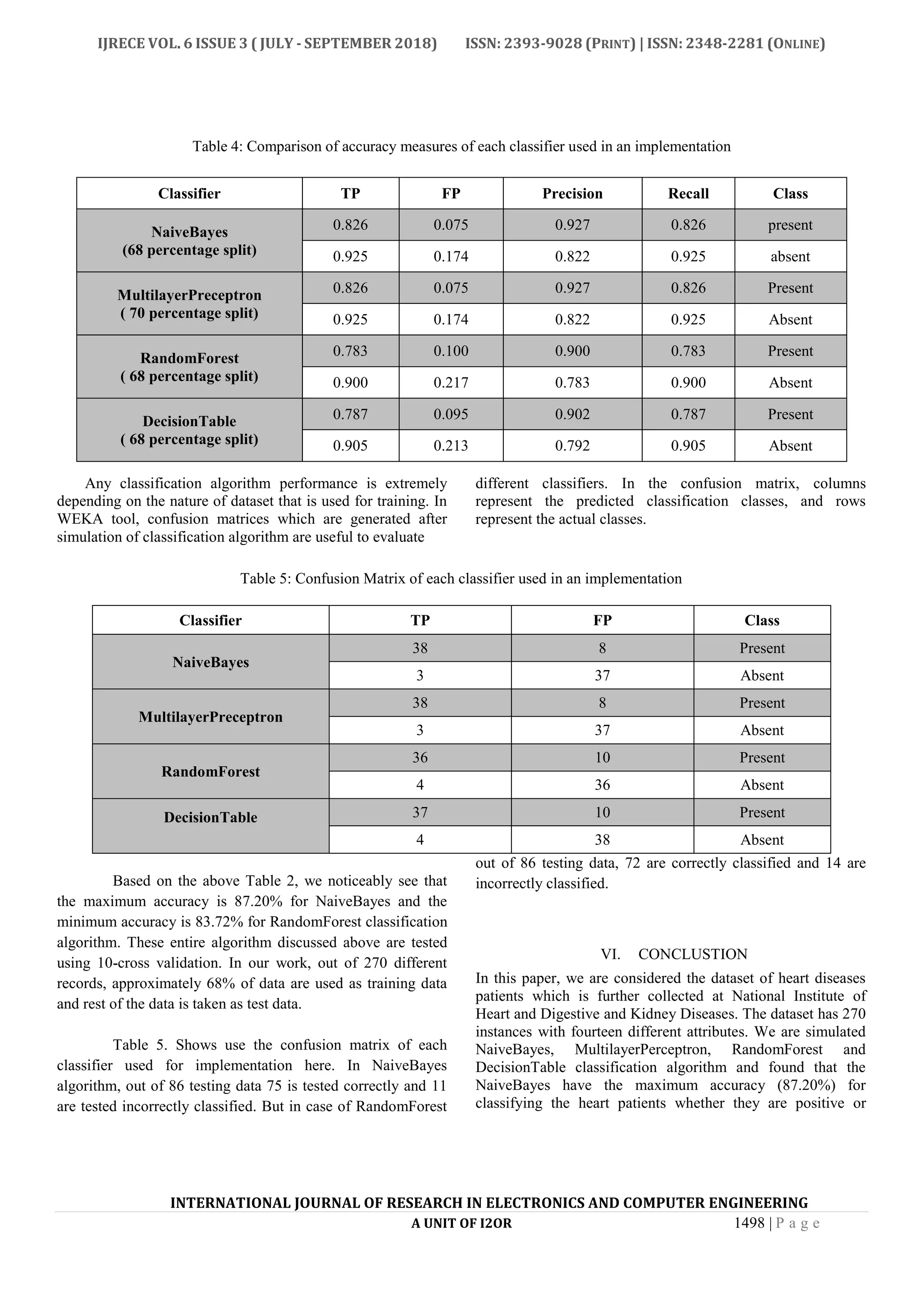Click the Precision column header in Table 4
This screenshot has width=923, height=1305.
(572, 193)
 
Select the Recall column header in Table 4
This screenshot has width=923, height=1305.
(688, 193)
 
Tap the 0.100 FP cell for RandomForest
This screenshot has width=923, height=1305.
(451, 351)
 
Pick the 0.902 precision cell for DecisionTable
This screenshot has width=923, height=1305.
(572, 414)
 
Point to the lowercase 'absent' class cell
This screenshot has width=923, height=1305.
(790, 256)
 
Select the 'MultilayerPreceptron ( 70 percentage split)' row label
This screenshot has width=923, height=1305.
(189, 304)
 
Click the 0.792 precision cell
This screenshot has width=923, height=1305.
(572, 446)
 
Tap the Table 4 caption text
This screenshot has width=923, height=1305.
(461, 147)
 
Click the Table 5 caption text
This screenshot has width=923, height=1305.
(461, 579)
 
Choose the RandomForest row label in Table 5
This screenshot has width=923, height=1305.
(210, 771)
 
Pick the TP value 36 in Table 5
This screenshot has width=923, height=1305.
(420, 758)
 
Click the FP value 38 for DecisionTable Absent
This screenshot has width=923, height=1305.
(602, 839)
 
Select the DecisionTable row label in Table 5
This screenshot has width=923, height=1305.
(210, 817)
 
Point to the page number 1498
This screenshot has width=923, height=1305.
(749, 1223)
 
